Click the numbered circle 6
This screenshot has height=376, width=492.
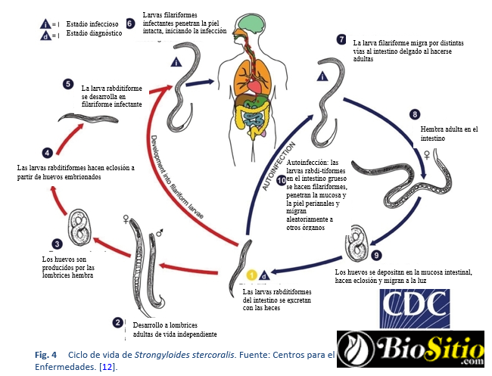(130, 23)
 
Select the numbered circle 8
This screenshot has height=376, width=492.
(414, 114)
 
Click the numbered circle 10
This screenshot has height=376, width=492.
(282, 181)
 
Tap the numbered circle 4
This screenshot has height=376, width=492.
(48, 152)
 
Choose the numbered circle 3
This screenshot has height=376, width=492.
(57, 244)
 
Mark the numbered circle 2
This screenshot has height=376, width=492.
(117, 322)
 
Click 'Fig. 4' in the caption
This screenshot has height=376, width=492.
(46, 354)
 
